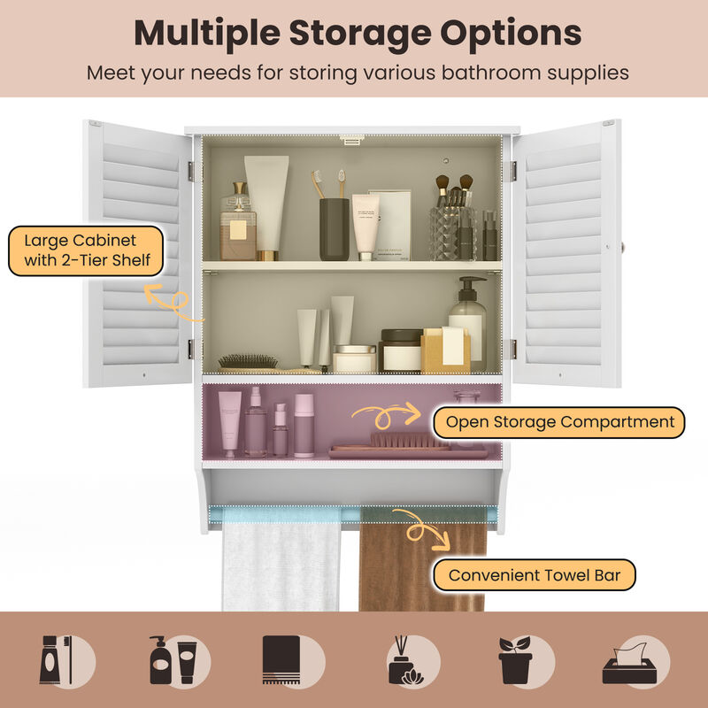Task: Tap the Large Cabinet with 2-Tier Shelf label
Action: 85,251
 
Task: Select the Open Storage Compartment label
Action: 560,422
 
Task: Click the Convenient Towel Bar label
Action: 534,575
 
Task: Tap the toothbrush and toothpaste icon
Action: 66,659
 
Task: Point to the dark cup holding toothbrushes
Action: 334,228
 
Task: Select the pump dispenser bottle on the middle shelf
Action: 467,323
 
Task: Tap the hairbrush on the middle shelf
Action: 248,361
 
